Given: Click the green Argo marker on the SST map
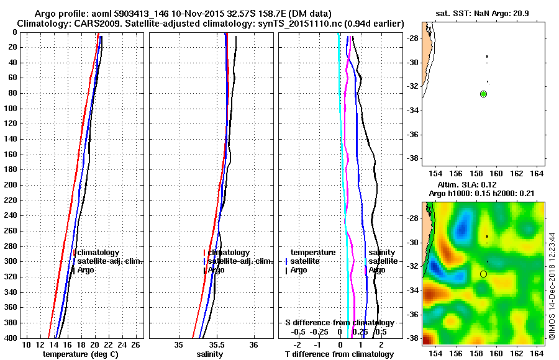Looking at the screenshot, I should point(484,94).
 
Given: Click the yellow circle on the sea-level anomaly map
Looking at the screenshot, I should point(484,274).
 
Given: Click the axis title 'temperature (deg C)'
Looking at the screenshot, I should point(82,354).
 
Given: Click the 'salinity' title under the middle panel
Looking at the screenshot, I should point(210,354).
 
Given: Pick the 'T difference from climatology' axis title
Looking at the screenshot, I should point(339,354).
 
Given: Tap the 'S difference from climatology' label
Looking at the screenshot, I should point(339,323).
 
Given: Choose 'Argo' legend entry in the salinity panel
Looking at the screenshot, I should point(216,270).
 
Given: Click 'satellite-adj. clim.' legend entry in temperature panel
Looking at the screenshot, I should point(110,261).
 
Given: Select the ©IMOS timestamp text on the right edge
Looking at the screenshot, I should point(552,286).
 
